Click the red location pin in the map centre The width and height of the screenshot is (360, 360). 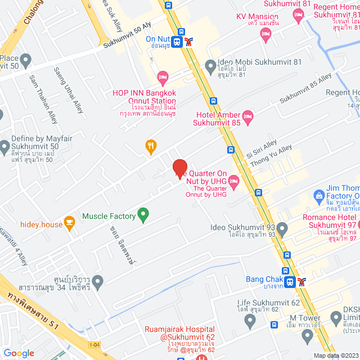tap(179, 169)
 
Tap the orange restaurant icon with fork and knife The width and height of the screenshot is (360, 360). tap(151, 147)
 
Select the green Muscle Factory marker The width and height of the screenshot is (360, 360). tap(143, 215)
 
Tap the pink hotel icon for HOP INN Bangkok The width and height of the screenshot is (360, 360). tap(163, 76)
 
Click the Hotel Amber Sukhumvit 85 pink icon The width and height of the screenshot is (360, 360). tap(249, 115)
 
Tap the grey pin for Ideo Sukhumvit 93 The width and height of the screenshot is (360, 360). tap(282, 228)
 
